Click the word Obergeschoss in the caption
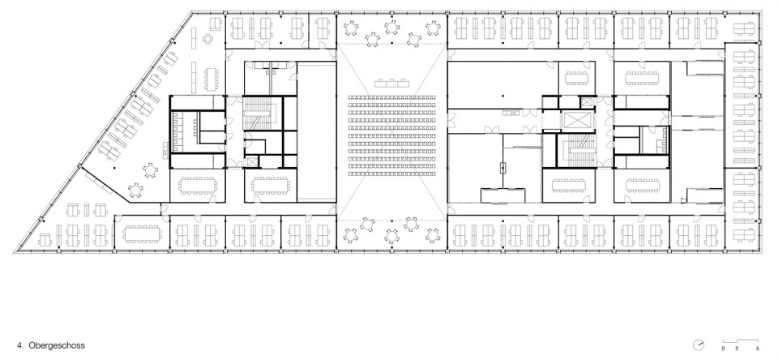[x=57, y=345]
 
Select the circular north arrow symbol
[x=699, y=345]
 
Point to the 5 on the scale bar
[x=757, y=349]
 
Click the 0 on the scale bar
[x=723, y=349]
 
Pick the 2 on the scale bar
[x=737, y=349]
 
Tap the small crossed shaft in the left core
[x=252, y=162]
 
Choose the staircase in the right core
[x=576, y=149]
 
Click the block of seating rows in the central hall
[x=392, y=135]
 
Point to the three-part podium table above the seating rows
[x=392, y=83]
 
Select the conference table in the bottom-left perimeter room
[x=142, y=233]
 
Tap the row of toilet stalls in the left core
[x=175, y=131]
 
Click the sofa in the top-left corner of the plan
[x=216, y=24]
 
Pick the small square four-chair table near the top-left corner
[x=207, y=38]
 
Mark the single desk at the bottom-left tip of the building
[x=45, y=240]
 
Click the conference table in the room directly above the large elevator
[x=576, y=78]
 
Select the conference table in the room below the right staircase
[x=569, y=185]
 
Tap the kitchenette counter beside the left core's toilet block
[x=165, y=149]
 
